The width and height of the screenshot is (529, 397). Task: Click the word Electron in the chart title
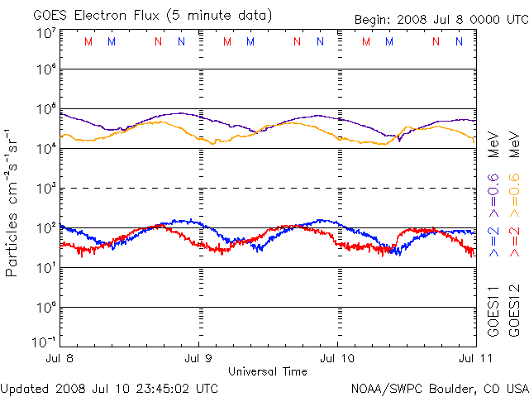coord(100,16)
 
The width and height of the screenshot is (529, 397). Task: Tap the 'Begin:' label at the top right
coord(374,20)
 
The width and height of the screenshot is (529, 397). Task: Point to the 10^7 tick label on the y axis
coord(45,34)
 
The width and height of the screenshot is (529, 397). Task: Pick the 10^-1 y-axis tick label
coord(44,341)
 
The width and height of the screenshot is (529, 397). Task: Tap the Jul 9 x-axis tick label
coord(198,358)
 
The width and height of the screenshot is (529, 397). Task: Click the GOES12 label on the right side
coord(513,310)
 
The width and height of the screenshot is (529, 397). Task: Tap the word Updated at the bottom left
coord(25,387)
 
